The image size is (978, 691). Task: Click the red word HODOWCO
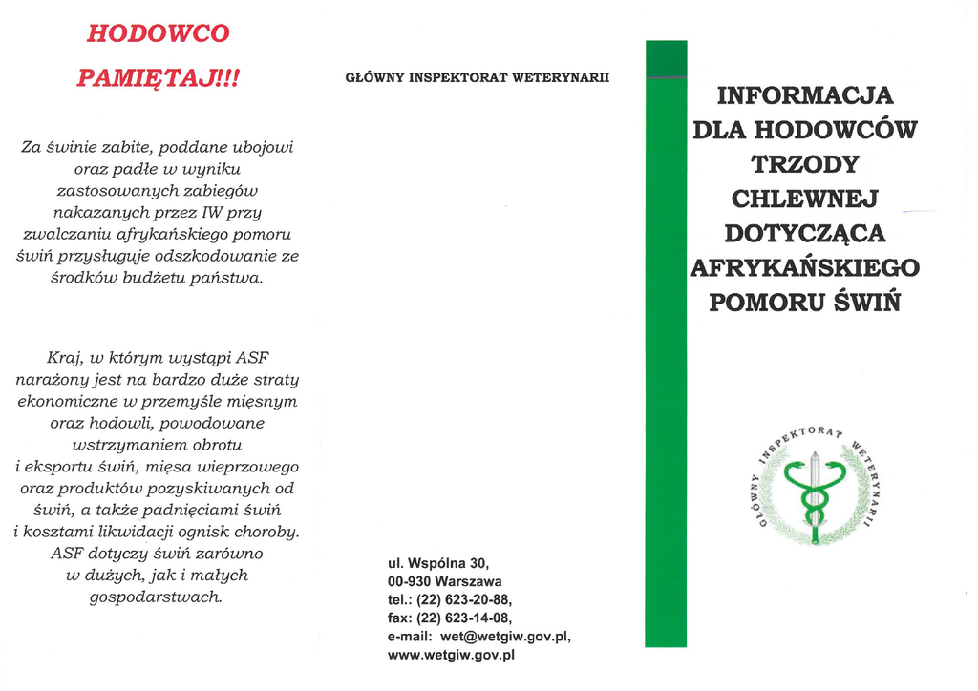[158, 33]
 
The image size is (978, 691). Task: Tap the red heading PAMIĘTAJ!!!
[158, 77]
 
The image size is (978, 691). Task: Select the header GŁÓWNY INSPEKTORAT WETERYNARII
[477, 77]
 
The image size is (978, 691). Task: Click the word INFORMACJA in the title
[804, 95]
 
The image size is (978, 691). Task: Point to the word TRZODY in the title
[804, 164]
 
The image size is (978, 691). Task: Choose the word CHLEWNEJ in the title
[804, 199]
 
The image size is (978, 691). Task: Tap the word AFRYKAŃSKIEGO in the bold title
[804, 267]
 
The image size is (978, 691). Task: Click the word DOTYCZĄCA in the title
[804, 233]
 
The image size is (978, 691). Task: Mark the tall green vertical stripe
[666, 344]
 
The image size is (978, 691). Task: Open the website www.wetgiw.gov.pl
[451, 655]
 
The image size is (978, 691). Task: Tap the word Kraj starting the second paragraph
[65, 358]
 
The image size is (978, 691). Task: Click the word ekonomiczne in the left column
[66, 401]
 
